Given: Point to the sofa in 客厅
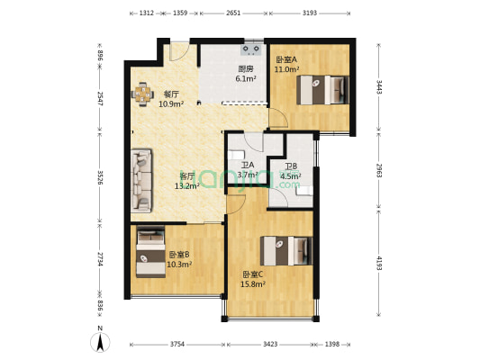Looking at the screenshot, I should (144, 176).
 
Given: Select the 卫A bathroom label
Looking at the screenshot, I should (248, 166).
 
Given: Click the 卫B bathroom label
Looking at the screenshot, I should (291, 166).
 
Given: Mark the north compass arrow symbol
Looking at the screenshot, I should (101, 342).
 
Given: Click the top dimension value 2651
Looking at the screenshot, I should (233, 13).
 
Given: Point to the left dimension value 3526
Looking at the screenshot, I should (100, 177).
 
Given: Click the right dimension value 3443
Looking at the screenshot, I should (379, 88).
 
